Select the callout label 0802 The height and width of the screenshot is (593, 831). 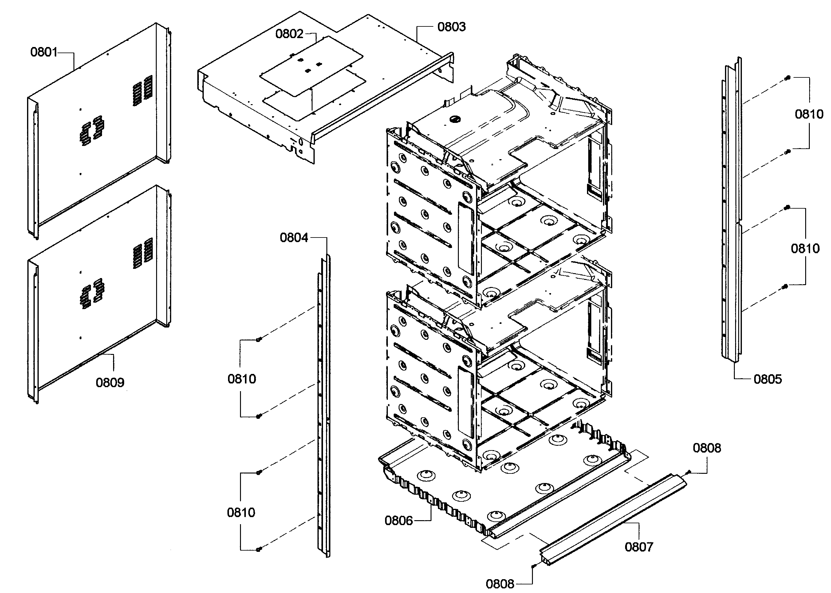click(289, 33)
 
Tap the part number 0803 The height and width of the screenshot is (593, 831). click(451, 27)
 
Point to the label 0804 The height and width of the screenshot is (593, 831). click(294, 238)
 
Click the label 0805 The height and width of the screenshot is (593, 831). click(767, 379)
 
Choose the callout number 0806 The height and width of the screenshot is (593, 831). click(398, 520)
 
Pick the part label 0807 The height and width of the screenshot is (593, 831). click(639, 547)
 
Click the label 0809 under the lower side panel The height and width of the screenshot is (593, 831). click(110, 382)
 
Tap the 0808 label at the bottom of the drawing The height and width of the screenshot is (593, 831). click(500, 584)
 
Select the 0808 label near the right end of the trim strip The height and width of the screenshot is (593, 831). click(707, 448)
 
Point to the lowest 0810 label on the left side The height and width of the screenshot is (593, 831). click(241, 512)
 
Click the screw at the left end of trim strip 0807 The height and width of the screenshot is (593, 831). click(534, 566)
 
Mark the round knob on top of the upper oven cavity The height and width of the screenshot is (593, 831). click(455, 119)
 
